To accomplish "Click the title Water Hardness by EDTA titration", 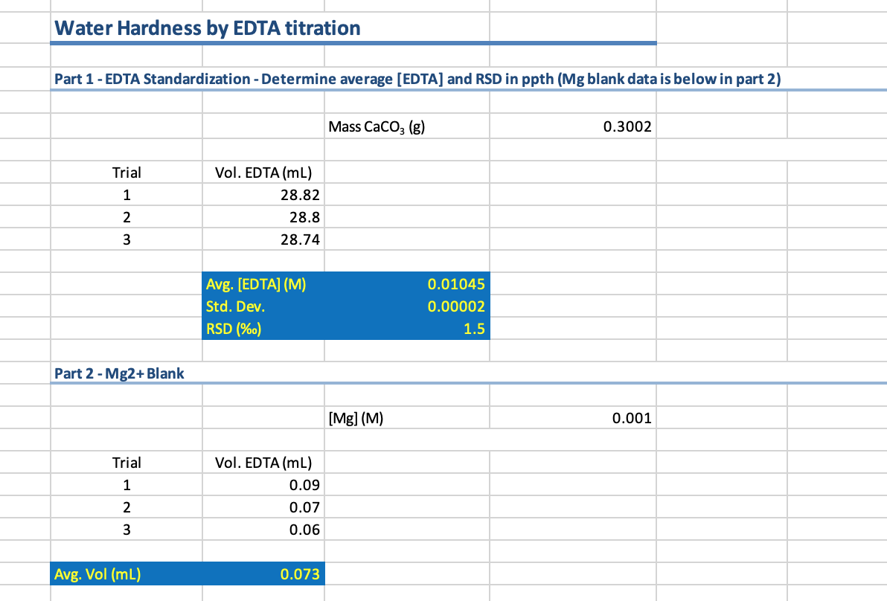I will click(208, 28).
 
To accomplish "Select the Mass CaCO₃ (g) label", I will click(376, 126).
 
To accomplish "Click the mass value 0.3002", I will click(627, 126).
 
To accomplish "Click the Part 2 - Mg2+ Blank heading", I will click(120, 373).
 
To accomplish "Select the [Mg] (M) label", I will click(355, 418).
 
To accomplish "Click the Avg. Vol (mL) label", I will click(97, 574).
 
